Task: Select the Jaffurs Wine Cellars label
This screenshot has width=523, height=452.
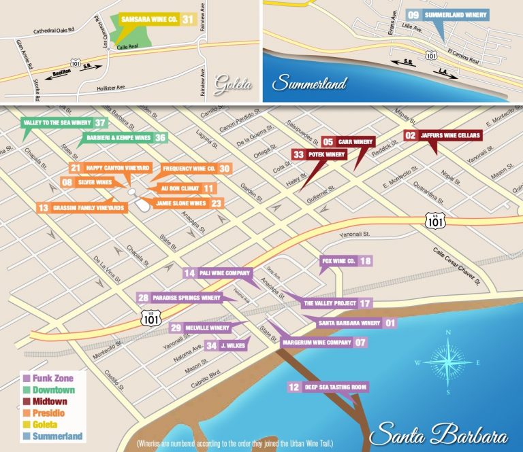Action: [451, 136]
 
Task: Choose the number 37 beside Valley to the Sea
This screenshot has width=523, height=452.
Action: [101, 123]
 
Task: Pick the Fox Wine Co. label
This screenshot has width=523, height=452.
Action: [338, 261]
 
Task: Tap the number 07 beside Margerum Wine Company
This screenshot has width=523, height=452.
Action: [361, 343]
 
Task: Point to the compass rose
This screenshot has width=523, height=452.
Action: [447, 362]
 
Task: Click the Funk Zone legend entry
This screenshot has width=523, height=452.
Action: [48, 378]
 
